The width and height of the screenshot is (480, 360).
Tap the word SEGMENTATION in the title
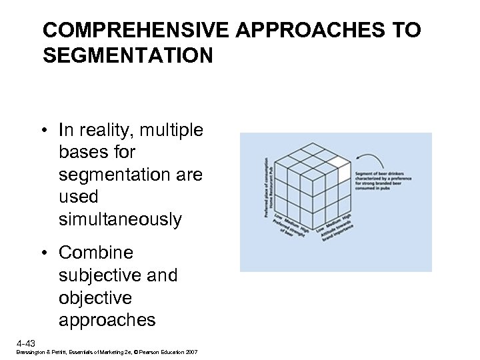click(x=128, y=55)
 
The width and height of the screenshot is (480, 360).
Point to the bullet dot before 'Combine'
click(x=49, y=253)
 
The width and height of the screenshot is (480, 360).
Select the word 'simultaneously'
click(x=120, y=220)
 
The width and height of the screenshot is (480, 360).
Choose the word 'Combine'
click(x=96, y=253)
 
